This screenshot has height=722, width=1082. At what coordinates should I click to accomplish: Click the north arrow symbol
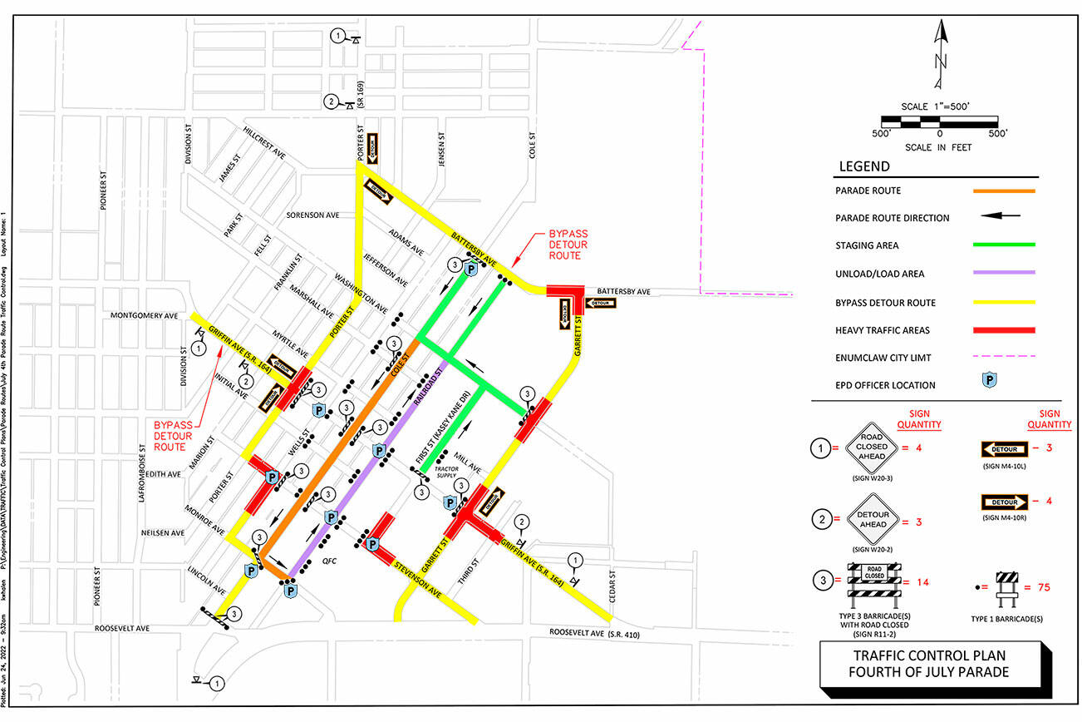tap(939, 54)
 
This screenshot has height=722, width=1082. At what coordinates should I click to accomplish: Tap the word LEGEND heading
tap(864, 166)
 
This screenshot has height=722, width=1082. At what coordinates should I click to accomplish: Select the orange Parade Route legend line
tap(1004, 190)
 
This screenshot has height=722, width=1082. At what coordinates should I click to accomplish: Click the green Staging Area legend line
tap(1004, 245)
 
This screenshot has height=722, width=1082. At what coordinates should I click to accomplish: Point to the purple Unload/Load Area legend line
tap(1004, 274)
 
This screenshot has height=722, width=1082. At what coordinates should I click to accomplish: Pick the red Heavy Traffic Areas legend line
tap(1004, 330)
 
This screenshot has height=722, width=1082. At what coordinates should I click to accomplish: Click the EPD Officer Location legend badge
tap(989, 385)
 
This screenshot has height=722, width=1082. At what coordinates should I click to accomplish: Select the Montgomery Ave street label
tap(145, 316)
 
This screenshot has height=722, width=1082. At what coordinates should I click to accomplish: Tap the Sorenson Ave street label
tap(312, 215)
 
